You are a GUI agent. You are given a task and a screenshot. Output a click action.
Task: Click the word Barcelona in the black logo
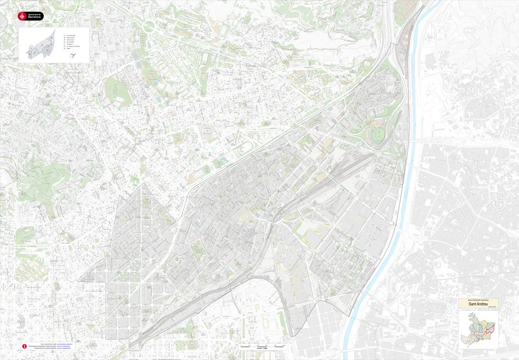click(35, 17)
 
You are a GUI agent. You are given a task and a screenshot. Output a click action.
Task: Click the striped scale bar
click(262, 345)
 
